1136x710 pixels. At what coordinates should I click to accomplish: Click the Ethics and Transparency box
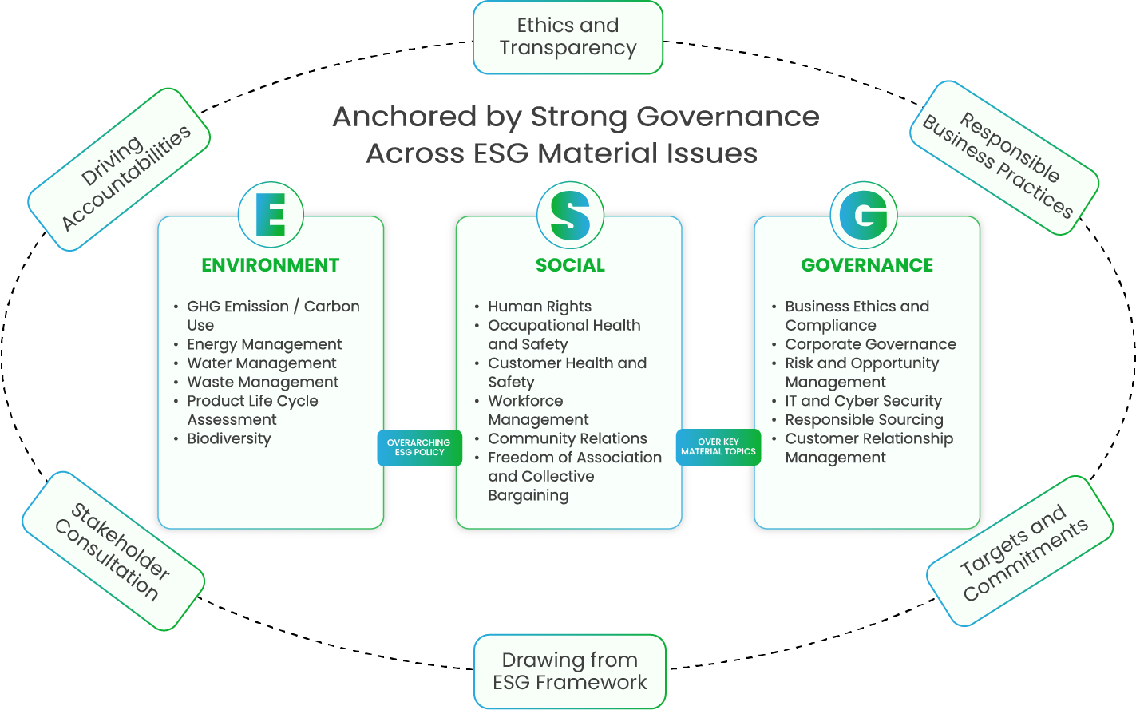pos(568,38)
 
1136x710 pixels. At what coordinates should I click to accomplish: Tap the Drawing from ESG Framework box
pos(569,671)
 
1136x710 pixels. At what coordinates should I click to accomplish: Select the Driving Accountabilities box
pos(120,169)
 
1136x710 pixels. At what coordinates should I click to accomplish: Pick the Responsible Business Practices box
pos(1004,158)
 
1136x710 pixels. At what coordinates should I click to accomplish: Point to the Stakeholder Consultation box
pos(113,550)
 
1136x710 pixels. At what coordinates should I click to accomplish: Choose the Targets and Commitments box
pos(1019,551)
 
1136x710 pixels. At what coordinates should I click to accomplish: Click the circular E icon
pos(271,214)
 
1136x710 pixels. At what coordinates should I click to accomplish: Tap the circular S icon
pos(570,214)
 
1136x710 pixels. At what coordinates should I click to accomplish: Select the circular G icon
pos(864,214)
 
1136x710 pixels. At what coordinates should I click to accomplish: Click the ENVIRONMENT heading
pos(270,265)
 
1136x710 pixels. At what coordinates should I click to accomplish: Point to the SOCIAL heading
pos(570,265)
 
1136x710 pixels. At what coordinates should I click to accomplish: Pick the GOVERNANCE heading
pos(867,265)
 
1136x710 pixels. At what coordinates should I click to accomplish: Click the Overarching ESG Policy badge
pos(419,447)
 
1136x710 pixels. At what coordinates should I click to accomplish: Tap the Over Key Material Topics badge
pos(718,446)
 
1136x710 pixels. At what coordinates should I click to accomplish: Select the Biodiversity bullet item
pos(229,438)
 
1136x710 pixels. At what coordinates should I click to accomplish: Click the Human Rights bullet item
pos(540,307)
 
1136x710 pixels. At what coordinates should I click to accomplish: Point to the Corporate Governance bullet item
pos(870,344)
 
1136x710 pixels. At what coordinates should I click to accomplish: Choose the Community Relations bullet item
pos(568,438)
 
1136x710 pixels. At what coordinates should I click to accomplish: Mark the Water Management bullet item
pos(262,363)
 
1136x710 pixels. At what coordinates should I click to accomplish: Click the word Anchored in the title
pos(404,117)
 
